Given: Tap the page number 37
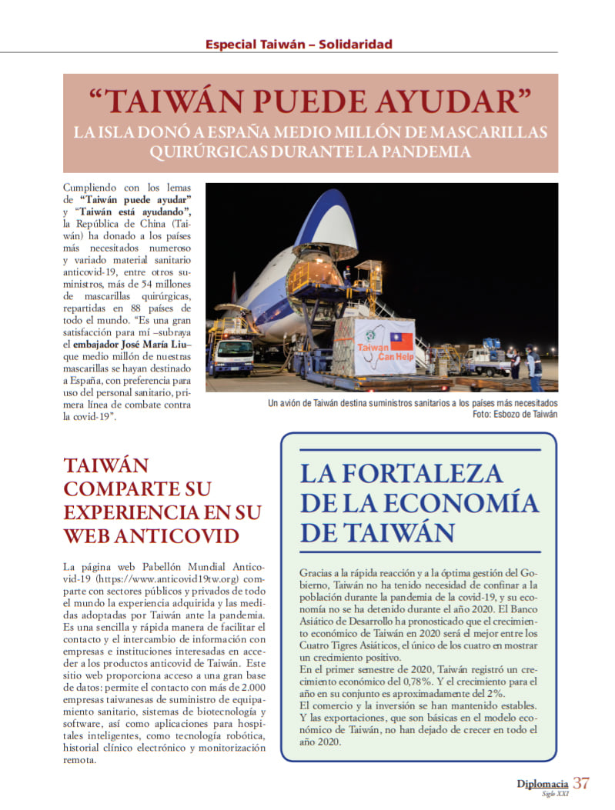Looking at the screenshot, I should pyautogui.click(x=581, y=784).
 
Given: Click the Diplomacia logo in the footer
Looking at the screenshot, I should pyautogui.click(x=543, y=785).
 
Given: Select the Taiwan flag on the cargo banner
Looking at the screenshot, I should pyautogui.click(x=402, y=341).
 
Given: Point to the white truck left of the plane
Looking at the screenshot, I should pyautogui.click(x=231, y=355).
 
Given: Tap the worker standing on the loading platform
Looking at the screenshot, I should pyautogui.click(x=347, y=275).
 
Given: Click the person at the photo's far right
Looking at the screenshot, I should pyautogui.click(x=533, y=367).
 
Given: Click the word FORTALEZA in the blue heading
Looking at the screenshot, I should pyautogui.click(x=422, y=472).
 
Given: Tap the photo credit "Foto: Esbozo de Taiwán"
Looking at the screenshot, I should pyautogui.click(x=515, y=414).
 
